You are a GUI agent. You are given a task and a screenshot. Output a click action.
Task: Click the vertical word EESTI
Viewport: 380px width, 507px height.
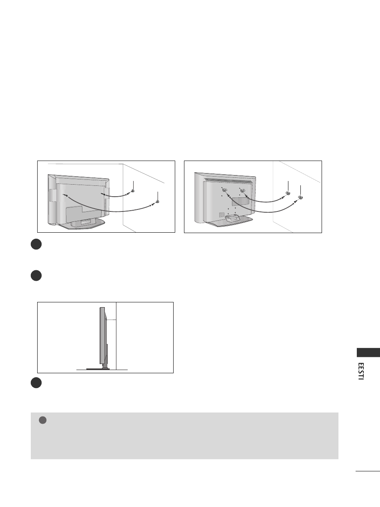tap(361, 371)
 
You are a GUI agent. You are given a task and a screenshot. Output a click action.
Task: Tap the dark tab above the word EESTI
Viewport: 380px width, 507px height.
tap(368, 353)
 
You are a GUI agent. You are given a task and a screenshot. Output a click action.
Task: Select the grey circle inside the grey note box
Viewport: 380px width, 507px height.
tap(43, 420)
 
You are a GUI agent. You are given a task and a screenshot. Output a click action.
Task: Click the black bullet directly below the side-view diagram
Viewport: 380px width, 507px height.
tap(36, 383)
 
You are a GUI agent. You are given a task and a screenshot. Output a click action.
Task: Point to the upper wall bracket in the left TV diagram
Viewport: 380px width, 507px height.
tap(133, 191)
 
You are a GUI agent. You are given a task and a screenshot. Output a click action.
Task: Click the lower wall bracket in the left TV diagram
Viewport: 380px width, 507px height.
tap(157, 201)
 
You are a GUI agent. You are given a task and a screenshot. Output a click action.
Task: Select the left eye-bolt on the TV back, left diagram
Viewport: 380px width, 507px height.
tap(66, 196)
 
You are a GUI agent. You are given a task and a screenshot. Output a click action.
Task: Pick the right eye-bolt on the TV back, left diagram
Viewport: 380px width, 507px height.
tap(103, 194)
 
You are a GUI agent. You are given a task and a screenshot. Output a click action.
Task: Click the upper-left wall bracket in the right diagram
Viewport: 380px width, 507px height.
tap(288, 193)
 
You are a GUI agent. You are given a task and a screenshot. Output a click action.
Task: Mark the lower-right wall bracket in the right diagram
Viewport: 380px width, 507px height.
tap(300, 197)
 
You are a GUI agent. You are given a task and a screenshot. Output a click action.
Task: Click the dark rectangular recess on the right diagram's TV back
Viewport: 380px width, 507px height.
tap(240, 201)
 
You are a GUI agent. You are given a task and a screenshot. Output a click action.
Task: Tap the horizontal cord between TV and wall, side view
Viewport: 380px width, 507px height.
tap(111, 320)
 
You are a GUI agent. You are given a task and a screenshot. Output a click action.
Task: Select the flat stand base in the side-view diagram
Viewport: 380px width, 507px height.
tap(98, 369)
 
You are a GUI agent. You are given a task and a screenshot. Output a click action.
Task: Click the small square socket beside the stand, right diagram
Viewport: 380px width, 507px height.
tap(221, 215)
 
